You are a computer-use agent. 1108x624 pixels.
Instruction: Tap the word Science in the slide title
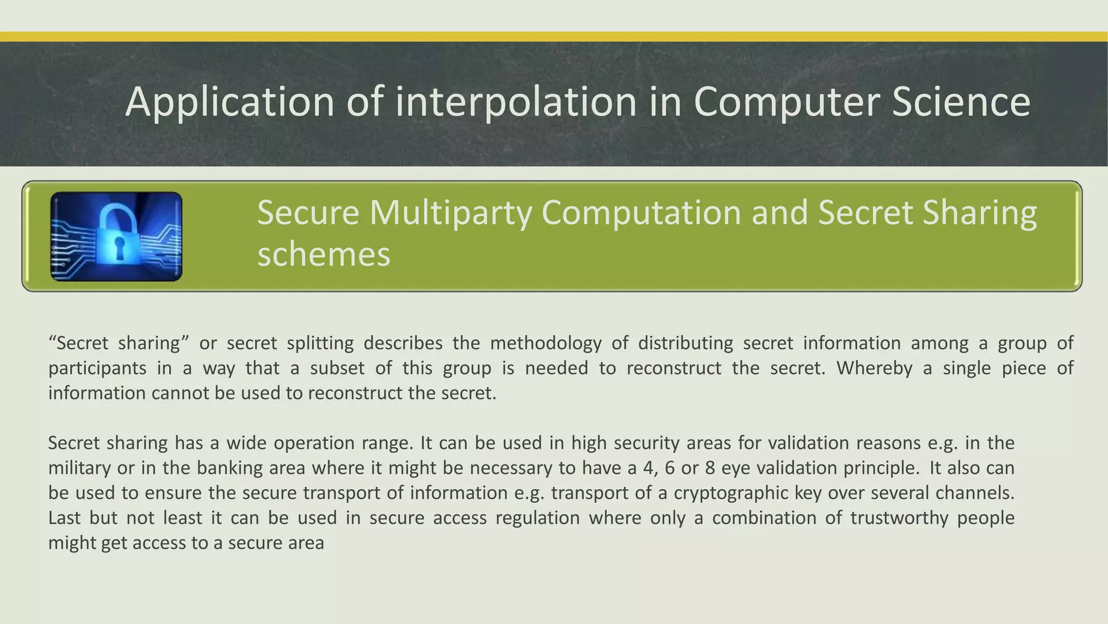[961, 102]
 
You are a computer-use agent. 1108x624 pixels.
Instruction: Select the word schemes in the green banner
[324, 255]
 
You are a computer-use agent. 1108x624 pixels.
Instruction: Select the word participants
[97, 368]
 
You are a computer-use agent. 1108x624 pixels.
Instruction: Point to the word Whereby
[874, 368]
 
